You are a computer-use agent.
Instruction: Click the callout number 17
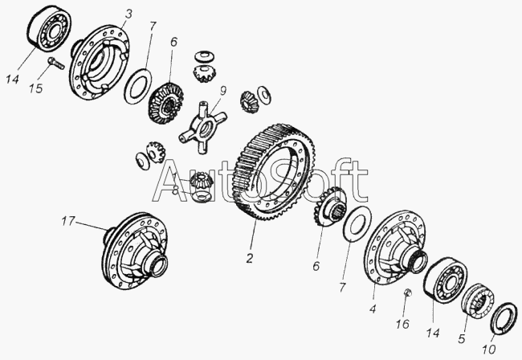[68, 222]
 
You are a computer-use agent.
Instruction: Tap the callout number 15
[35, 88]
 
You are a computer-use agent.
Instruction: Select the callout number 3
[128, 14]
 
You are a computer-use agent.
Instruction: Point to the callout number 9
[222, 90]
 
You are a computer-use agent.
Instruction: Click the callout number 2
[250, 258]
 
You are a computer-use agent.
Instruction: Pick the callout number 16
[402, 323]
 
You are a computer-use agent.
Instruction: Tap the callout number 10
[489, 349]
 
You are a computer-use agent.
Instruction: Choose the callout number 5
[462, 338]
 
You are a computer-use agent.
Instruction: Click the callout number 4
[373, 309]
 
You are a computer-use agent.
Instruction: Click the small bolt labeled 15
[57, 63]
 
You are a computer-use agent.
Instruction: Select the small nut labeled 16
[408, 292]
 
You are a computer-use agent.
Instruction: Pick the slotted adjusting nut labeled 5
[477, 300]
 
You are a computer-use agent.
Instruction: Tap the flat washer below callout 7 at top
[138, 86]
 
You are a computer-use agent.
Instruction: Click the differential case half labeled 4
[395, 247]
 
